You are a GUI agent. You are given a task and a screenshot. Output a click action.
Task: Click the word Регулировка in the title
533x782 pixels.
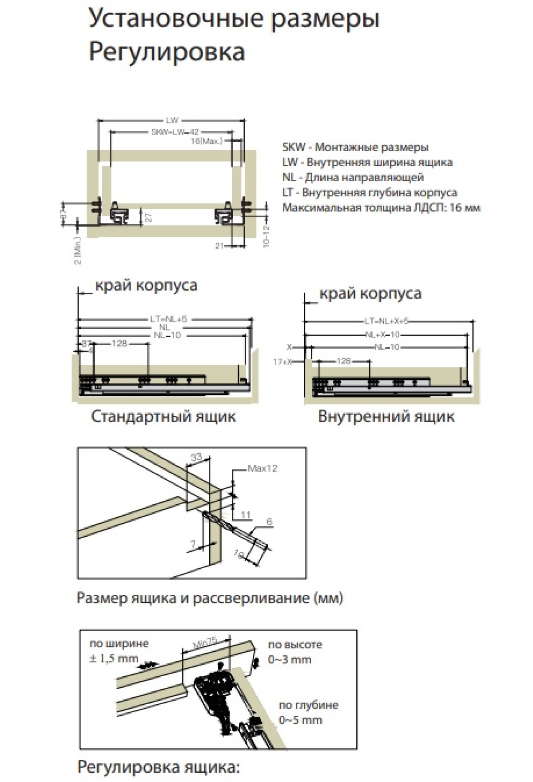(x=167, y=52)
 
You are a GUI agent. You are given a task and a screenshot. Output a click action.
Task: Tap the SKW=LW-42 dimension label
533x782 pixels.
(x=175, y=132)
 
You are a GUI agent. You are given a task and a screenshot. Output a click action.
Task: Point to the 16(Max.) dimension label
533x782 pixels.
(x=206, y=141)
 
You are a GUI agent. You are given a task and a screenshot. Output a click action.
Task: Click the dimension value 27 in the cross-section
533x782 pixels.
(x=149, y=217)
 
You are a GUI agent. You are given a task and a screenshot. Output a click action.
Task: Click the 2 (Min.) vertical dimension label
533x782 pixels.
(x=78, y=251)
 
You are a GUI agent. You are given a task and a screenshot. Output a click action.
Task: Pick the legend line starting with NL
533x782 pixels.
(x=353, y=178)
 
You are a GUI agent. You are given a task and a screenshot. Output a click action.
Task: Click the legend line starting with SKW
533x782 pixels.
(x=355, y=148)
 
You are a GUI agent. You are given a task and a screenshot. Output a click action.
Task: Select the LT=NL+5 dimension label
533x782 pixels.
(x=168, y=319)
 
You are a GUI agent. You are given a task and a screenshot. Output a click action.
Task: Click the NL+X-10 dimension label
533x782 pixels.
(x=382, y=335)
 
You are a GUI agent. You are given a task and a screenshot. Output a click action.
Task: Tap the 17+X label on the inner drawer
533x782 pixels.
(x=282, y=362)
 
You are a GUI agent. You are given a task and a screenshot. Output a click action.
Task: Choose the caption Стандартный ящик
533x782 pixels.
(x=163, y=417)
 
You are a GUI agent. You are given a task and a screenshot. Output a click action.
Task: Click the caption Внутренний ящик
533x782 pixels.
(x=386, y=417)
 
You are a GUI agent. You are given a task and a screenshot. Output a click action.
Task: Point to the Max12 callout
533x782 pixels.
(x=262, y=468)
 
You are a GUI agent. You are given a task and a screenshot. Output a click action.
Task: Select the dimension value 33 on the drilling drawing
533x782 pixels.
(x=196, y=457)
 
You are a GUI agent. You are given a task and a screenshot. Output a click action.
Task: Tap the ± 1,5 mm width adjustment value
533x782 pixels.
(x=114, y=658)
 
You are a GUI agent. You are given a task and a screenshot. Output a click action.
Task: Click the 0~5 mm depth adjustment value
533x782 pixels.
(x=300, y=720)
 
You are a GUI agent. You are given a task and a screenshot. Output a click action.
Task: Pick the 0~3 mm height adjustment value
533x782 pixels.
(x=289, y=659)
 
